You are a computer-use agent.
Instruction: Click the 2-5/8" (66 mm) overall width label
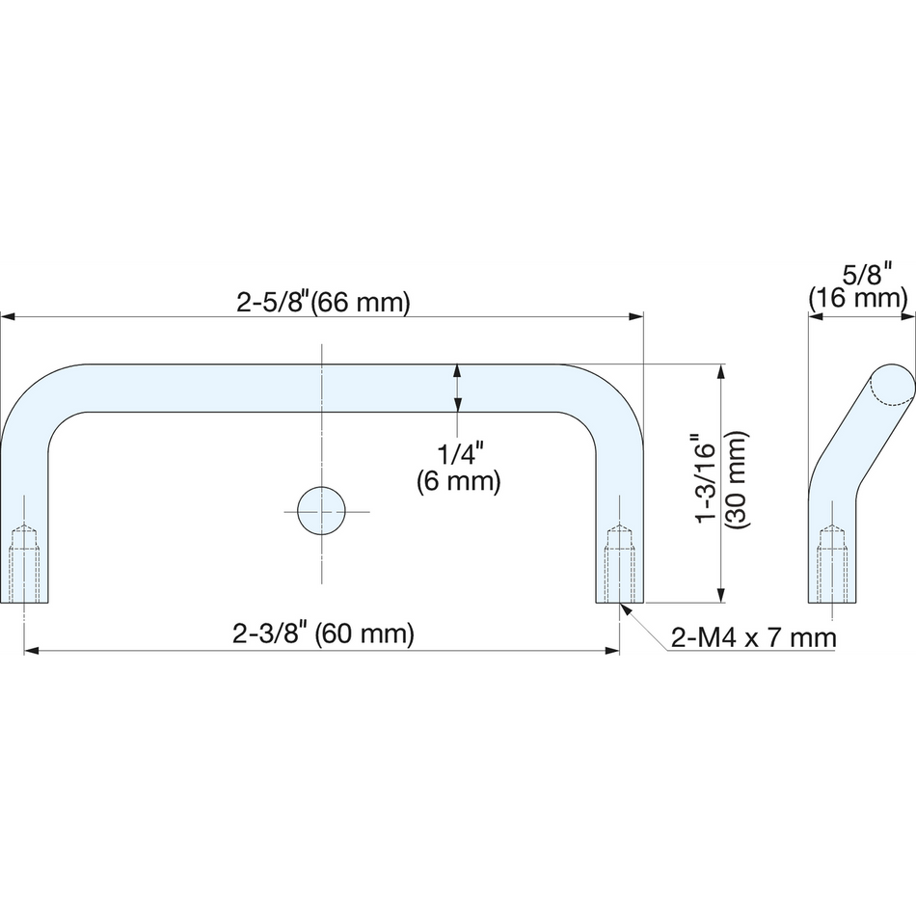323,303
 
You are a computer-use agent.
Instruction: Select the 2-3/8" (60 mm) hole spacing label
323,633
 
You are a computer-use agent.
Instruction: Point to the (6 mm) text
459,481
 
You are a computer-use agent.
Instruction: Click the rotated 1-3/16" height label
706,478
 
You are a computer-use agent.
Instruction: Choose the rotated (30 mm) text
736,480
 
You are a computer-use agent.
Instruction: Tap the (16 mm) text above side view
857,298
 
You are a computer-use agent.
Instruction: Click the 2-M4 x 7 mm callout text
754,637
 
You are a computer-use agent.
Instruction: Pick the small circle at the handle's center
321,511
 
